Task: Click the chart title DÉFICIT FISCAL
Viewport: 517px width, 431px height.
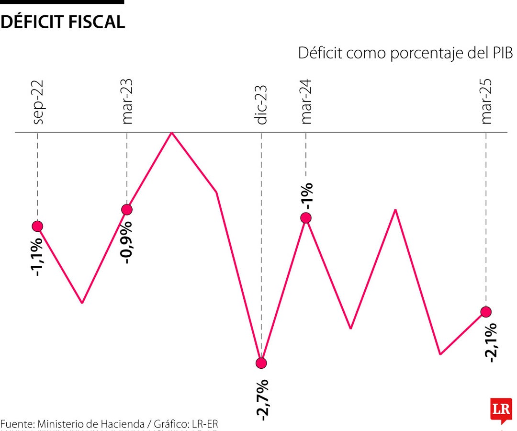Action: click(x=63, y=22)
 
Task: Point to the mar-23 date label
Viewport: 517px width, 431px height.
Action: click(x=127, y=102)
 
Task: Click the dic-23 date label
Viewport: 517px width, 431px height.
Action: click(x=261, y=105)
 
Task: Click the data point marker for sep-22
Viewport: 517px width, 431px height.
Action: click(x=37, y=226)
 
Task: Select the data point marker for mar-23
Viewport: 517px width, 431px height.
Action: click(x=127, y=209)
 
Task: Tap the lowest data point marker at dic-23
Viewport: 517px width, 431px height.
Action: click(x=261, y=363)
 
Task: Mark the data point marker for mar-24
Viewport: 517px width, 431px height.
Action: click(x=306, y=218)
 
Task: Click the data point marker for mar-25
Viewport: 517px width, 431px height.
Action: click(x=486, y=312)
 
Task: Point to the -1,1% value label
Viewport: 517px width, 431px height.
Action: click(x=38, y=256)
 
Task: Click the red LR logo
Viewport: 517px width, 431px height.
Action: click(x=500, y=410)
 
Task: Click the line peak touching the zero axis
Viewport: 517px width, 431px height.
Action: click(x=171, y=133)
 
